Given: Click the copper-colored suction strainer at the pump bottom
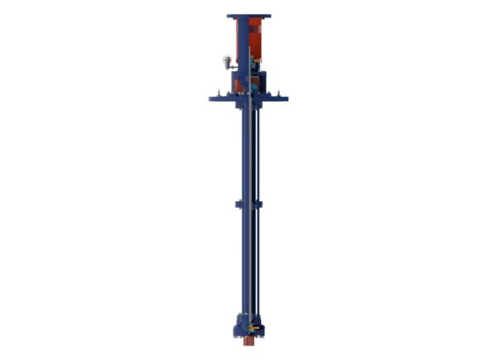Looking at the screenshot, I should click(x=248, y=341).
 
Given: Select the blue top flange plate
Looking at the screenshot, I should click(x=248, y=16).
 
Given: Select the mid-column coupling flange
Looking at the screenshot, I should click(x=248, y=204).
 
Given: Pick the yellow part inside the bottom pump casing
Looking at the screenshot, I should click(x=256, y=330).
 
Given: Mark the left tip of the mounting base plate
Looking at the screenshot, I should click(x=210, y=99).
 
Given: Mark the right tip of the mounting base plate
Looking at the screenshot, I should click(x=287, y=99).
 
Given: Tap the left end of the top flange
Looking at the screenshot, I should click(x=229, y=16).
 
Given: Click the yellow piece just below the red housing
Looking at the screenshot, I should click(x=258, y=60).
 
